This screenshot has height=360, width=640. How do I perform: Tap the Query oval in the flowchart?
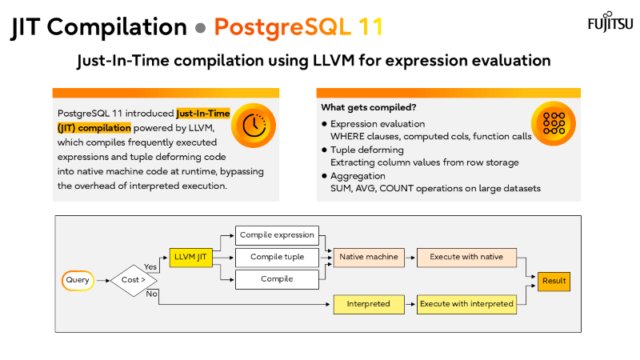point(78,280)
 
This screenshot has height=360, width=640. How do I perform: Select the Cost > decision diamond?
point(134,280)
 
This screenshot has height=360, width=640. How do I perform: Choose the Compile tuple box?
point(277,257)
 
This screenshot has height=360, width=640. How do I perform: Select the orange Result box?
point(554,281)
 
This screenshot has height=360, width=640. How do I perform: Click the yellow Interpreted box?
point(368,304)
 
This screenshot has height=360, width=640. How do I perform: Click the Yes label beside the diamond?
point(150,267)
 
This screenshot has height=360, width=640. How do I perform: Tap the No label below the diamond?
point(152,294)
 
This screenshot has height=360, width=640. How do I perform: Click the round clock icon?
point(253,126)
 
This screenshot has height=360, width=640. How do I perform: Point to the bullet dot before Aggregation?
point(324,176)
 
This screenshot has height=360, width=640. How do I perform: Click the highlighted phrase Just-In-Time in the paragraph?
point(202,114)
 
